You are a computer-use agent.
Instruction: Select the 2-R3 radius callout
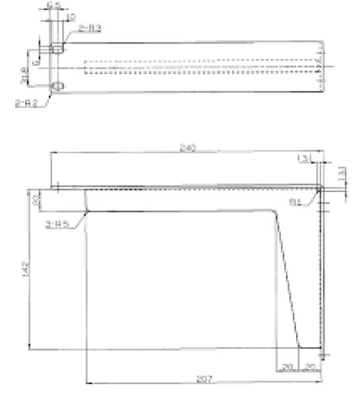(90, 28)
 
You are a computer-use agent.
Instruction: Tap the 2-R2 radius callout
(24, 102)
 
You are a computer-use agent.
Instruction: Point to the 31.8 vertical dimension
(24, 77)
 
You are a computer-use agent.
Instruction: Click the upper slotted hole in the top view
(58, 48)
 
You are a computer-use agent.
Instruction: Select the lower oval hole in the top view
(58, 86)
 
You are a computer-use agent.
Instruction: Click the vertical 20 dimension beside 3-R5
(38, 200)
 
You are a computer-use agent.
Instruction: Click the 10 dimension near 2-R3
(71, 16)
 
